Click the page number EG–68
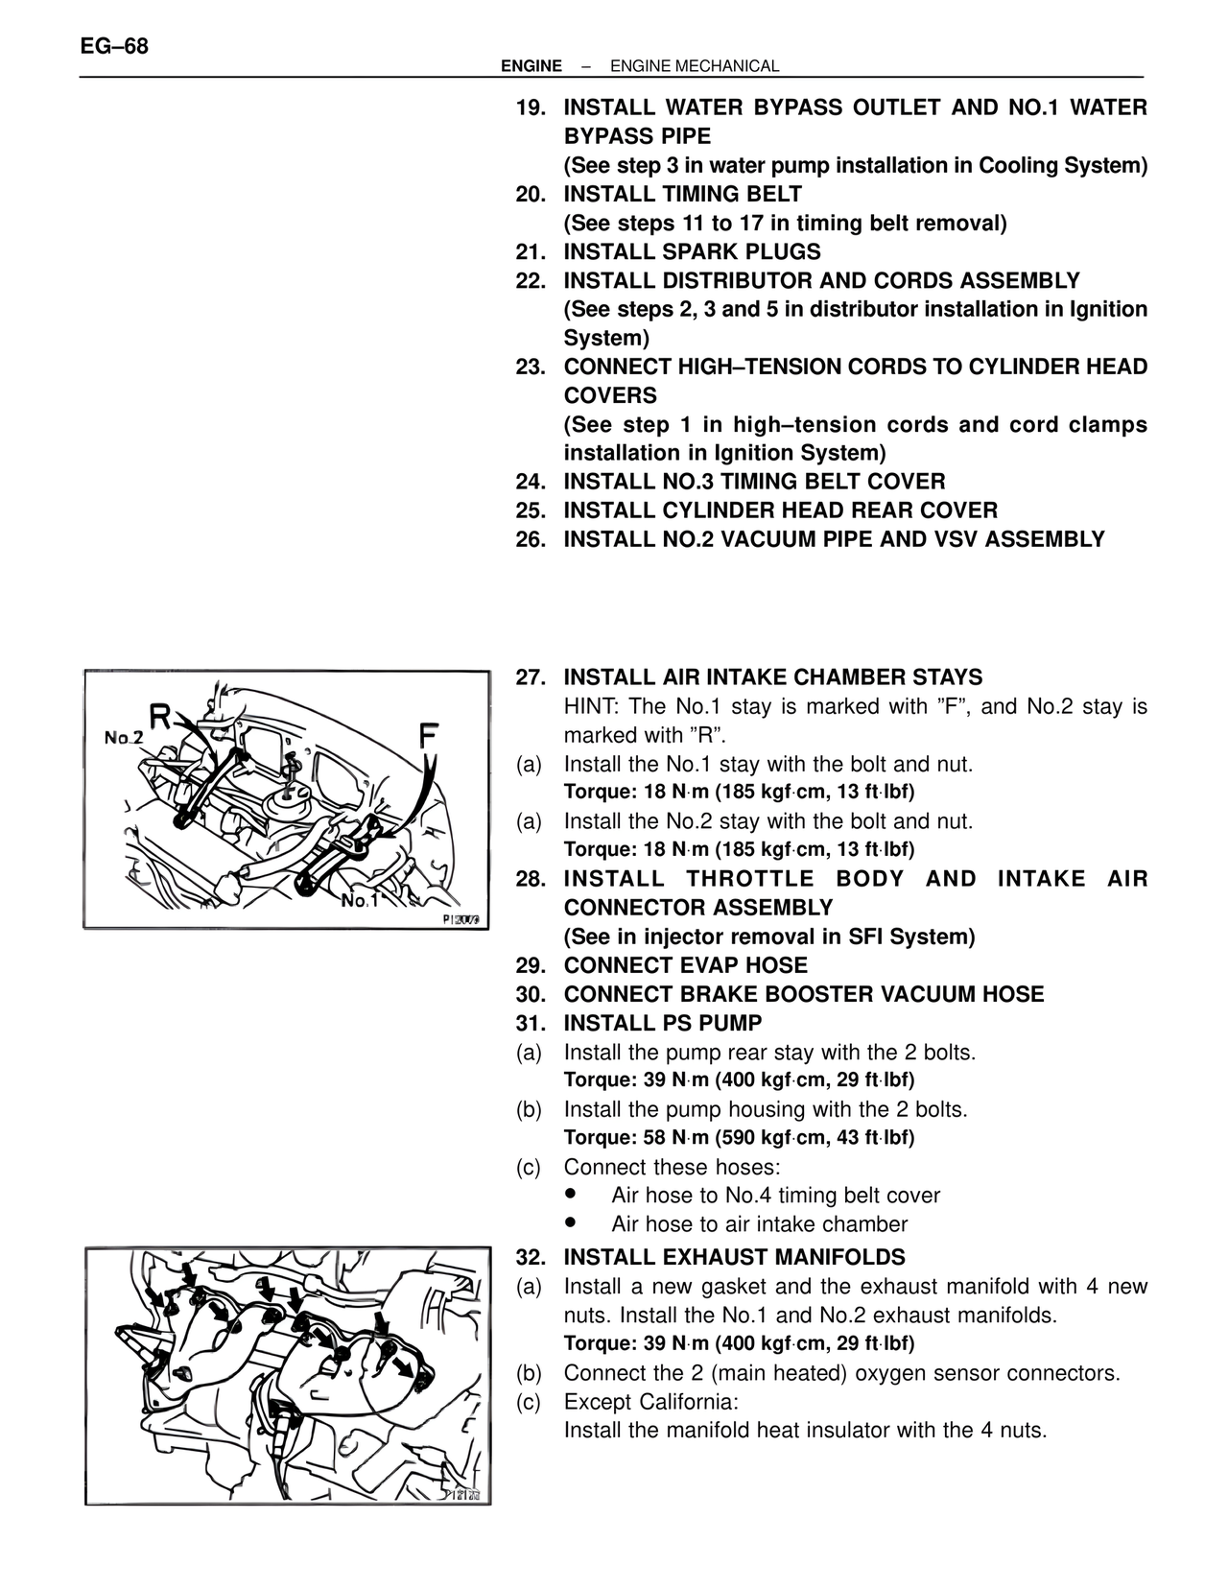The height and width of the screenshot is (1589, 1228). (114, 46)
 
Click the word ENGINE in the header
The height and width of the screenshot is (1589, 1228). (531, 66)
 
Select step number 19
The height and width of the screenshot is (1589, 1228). (531, 107)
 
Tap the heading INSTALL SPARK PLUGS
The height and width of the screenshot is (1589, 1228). (692, 252)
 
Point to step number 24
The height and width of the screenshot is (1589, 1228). (531, 482)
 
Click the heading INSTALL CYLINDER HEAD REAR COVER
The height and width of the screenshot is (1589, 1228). (780, 510)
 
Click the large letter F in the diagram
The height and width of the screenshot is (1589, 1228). (429, 737)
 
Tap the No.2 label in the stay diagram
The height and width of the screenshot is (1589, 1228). (124, 737)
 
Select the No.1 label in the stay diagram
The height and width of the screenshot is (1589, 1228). (360, 900)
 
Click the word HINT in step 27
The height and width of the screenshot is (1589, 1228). (590, 707)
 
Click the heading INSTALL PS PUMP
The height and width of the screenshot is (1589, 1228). (663, 1023)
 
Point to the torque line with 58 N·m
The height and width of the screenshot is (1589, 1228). (739, 1138)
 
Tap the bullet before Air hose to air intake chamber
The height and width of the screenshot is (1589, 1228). (572, 1223)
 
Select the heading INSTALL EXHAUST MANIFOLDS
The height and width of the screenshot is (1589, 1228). (734, 1257)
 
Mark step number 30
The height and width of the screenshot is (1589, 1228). (531, 994)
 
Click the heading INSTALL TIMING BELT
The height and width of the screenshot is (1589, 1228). (682, 195)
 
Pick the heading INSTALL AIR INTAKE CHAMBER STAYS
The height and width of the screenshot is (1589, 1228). (772, 677)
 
